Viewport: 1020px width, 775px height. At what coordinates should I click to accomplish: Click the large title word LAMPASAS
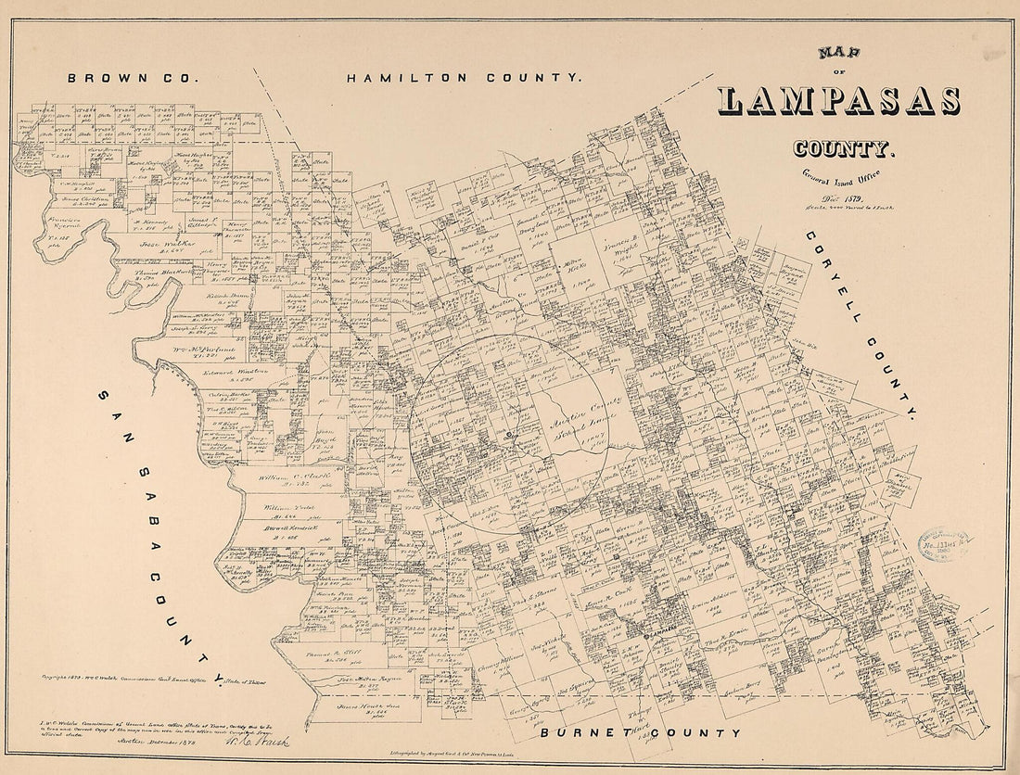pyautogui.click(x=838, y=100)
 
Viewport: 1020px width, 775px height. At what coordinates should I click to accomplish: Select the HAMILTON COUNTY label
pyautogui.click(x=465, y=79)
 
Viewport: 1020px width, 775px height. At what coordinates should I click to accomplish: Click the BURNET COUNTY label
pyautogui.click(x=641, y=733)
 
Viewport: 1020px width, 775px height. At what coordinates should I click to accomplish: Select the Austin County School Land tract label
pyautogui.click(x=583, y=430)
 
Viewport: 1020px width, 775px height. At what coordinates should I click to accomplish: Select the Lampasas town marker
pyautogui.click(x=645, y=636)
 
